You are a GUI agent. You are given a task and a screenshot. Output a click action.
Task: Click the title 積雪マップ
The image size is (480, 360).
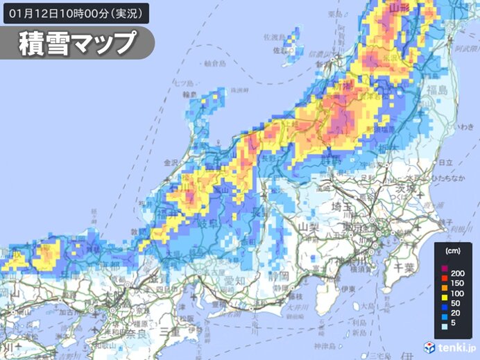pos(77,43)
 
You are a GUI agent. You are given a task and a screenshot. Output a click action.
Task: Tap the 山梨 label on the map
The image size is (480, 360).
pos(307,228)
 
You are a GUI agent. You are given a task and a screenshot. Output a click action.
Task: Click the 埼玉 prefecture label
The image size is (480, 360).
pos(341,206)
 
